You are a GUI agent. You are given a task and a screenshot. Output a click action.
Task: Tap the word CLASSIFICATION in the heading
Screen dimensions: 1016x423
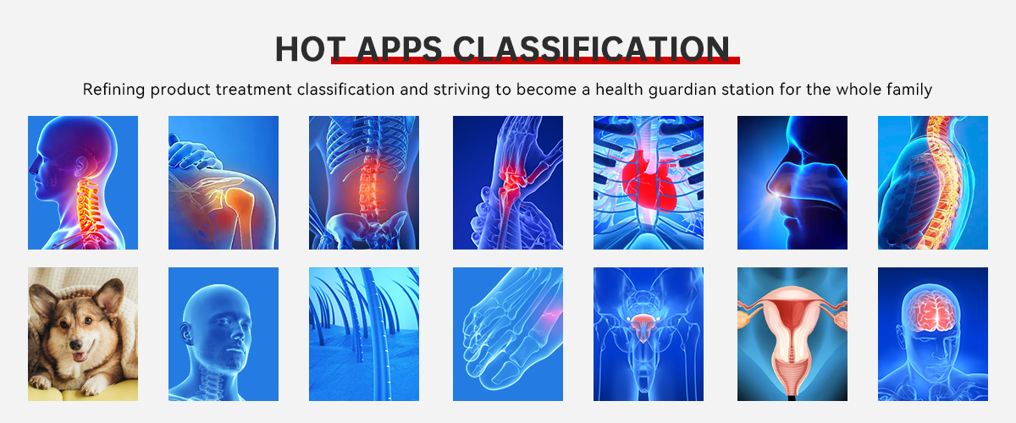591,49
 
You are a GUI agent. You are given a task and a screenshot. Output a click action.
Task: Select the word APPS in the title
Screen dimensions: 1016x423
399,49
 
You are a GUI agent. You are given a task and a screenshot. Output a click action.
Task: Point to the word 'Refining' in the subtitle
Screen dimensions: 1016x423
113,90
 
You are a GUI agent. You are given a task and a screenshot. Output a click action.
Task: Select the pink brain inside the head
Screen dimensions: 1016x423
930,311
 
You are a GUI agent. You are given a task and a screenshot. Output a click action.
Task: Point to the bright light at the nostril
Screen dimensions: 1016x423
778,195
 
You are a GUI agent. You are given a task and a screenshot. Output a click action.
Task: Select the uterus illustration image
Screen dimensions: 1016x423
792,334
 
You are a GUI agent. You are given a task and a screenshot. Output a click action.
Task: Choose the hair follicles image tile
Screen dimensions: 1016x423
364,334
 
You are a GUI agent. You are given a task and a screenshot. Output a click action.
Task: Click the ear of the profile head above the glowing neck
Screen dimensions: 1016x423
81,167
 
